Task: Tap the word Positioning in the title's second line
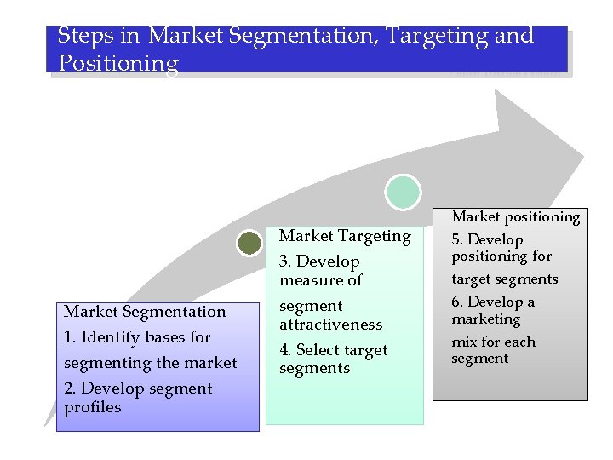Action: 118,64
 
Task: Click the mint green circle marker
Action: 403,193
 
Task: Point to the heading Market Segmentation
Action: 145,312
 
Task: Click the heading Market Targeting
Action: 345,236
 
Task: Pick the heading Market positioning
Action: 515,217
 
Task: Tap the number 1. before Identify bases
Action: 70,337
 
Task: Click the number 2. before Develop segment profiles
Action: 71,388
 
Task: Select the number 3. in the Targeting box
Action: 285,262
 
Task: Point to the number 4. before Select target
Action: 285,350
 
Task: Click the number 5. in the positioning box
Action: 457,240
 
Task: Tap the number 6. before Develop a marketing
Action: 457,302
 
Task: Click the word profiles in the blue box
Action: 92,407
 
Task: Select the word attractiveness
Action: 330,325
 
